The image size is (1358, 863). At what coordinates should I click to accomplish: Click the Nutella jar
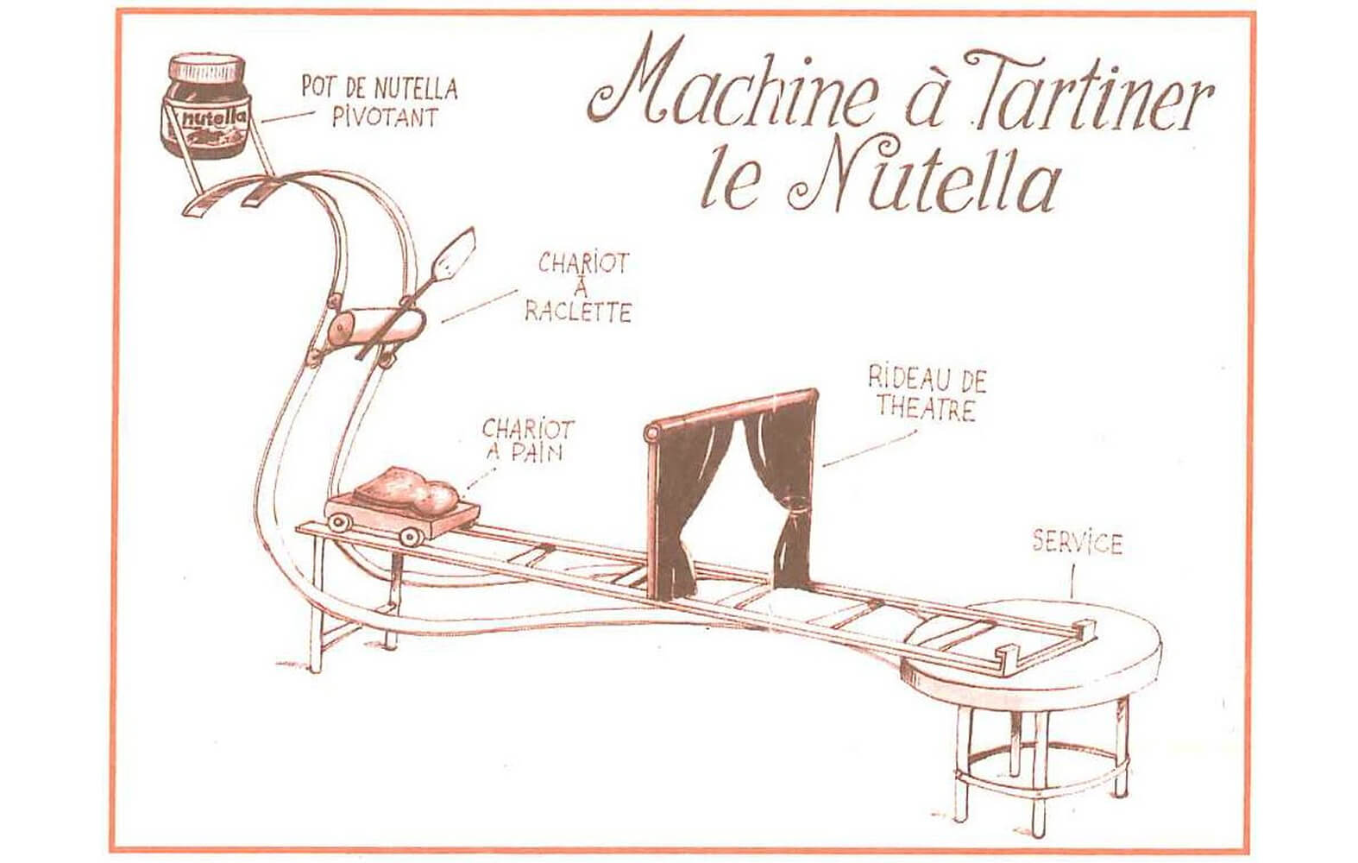(x=205, y=107)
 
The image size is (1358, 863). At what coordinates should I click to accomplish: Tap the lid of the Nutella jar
(x=207, y=68)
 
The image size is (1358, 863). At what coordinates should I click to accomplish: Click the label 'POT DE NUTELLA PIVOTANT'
(x=379, y=102)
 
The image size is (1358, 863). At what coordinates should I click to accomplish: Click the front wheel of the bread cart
(x=411, y=535)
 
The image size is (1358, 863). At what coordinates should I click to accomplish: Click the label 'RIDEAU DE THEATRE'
(x=927, y=394)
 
